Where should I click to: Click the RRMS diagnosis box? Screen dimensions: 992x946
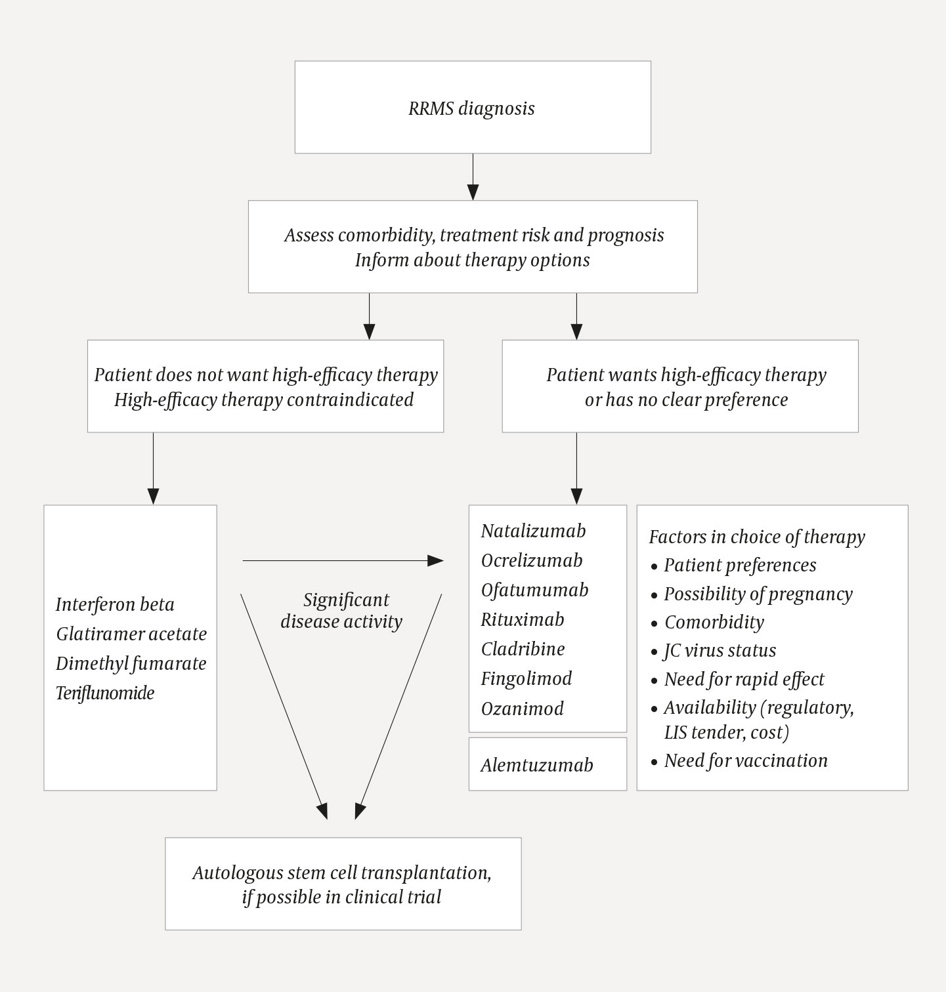tap(472, 108)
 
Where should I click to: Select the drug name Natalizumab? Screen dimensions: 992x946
tap(533, 531)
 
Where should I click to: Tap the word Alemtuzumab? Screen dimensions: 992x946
tap(536, 765)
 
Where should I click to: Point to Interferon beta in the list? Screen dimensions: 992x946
tap(115, 604)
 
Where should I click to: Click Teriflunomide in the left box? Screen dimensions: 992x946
tap(105, 693)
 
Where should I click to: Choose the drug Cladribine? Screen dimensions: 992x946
tap(523, 649)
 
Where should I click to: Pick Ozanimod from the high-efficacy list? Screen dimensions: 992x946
tap(522, 709)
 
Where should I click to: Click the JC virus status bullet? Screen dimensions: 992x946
tap(720, 650)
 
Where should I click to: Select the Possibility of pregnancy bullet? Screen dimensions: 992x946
tap(758, 594)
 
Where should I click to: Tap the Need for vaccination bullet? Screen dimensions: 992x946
tap(745, 760)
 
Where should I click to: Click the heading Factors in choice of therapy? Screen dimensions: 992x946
tap(756, 537)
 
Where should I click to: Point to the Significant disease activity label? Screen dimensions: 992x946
tap(341, 611)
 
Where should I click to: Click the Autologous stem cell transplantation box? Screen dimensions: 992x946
tap(343, 884)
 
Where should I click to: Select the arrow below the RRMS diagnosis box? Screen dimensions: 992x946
tap(473, 177)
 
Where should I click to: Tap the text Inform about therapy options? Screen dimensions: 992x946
tap(472, 260)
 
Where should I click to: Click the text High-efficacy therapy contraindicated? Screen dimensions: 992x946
tap(264, 400)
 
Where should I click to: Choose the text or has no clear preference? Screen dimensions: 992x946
tap(686, 400)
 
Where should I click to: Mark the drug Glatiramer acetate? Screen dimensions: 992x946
tap(131, 634)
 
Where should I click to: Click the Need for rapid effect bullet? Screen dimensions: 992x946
tap(744, 679)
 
